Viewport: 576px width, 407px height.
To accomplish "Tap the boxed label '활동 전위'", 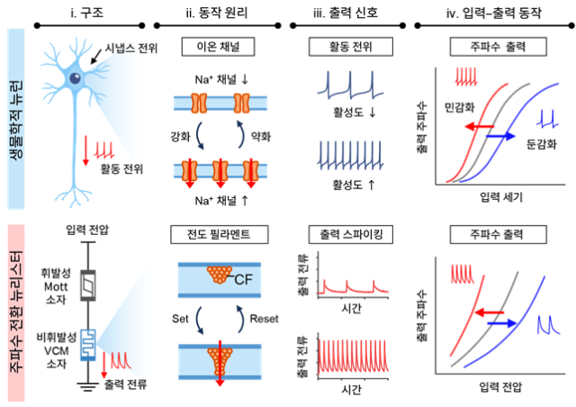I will tap(346, 44).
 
